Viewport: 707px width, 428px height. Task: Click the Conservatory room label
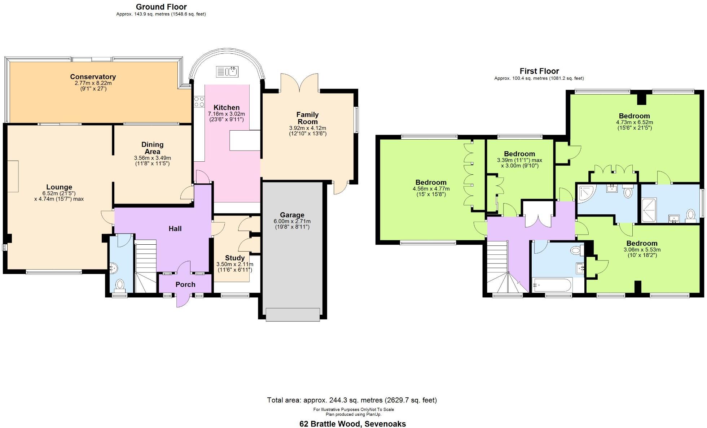93,77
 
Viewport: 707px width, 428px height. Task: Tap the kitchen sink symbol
227,72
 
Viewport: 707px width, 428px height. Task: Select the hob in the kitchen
199,101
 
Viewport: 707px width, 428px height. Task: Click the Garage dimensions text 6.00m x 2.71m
292,221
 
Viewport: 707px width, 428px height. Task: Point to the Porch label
185,284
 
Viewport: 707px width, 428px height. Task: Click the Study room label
234,258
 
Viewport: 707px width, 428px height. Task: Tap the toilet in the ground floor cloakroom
119,285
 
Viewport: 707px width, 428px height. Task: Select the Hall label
175,228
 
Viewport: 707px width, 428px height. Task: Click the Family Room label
307,118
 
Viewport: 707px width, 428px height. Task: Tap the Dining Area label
152,148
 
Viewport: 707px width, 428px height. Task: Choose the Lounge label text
59,187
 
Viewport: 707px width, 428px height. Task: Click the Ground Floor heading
161,6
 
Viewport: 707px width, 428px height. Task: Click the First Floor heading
539,71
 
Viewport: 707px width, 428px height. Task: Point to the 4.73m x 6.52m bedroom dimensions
634,122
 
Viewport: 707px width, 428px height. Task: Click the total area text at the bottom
352,400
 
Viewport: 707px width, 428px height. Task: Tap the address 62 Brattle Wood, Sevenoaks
352,424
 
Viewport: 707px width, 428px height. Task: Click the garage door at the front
293,314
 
